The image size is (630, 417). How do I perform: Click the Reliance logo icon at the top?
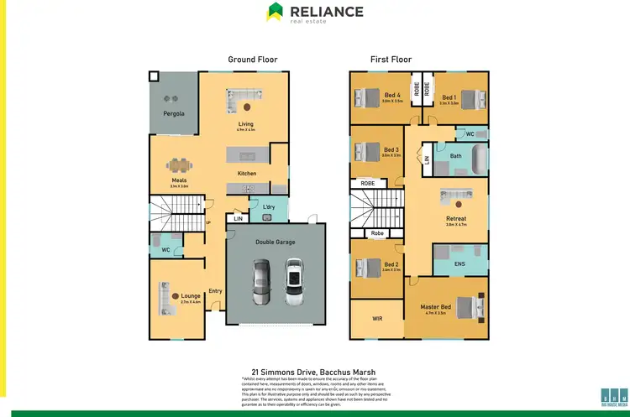[276, 11]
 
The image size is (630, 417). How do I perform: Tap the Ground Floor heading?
[253, 60]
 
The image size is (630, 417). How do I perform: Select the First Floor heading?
[391, 60]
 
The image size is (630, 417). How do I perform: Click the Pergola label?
[174, 113]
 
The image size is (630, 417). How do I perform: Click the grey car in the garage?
[262, 284]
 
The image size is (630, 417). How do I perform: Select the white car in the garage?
[292, 284]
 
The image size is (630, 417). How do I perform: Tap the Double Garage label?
[276, 242]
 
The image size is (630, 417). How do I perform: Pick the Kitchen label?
[247, 174]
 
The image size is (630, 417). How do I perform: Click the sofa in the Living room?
[243, 95]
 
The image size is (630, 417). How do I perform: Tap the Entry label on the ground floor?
[215, 291]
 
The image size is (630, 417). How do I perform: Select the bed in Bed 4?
[367, 99]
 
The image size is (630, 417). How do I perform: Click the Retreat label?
[456, 219]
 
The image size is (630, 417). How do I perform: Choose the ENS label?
[459, 264]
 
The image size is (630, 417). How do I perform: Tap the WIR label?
[378, 319]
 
